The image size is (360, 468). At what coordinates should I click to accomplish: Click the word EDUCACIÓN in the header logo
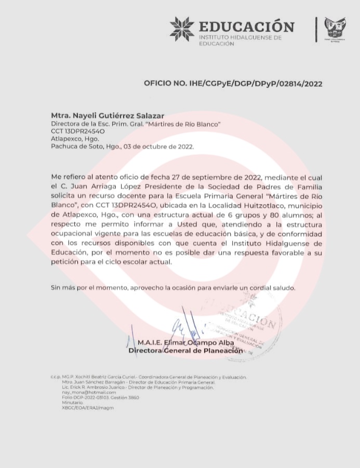click(246, 26)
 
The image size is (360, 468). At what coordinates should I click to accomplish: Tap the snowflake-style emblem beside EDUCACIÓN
click(182, 29)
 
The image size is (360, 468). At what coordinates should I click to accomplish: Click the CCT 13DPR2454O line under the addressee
click(78, 131)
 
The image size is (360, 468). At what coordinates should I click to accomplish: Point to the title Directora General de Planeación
click(185, 351)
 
